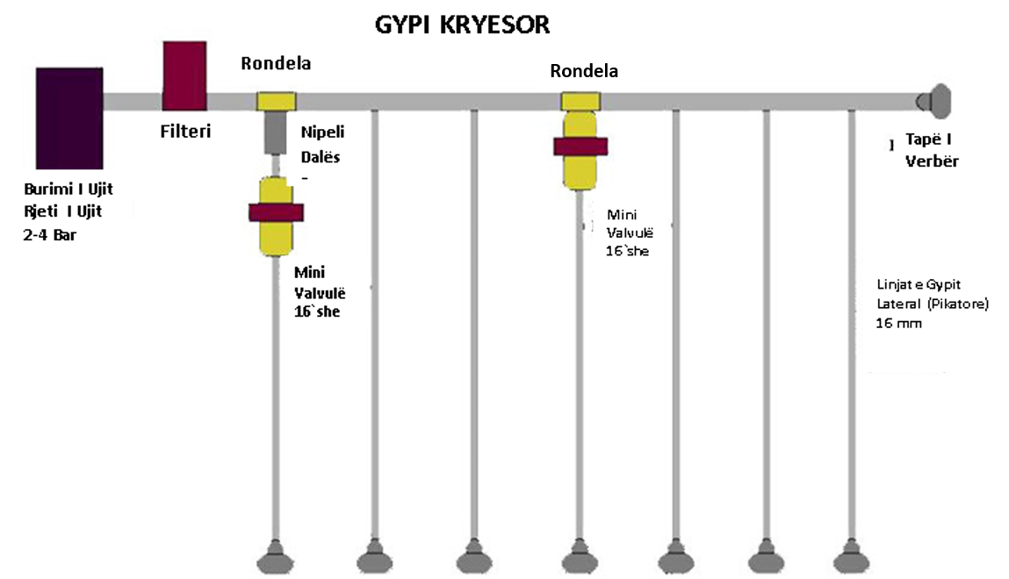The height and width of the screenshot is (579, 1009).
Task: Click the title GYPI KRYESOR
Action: click(462, 25)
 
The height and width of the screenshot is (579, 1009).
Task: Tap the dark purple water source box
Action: click(69, 118)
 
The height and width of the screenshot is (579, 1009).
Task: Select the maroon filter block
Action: click(184, 75)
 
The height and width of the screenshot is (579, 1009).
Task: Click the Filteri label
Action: click(185, 131)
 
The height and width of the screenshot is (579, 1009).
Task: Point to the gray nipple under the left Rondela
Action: click(276, 132)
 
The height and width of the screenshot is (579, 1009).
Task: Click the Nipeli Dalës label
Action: click(322, 145)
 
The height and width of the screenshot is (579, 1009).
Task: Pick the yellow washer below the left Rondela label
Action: click(277, 102)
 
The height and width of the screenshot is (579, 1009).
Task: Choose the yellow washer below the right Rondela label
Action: click(580, 102)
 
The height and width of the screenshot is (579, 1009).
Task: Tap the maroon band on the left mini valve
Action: click(276, 212)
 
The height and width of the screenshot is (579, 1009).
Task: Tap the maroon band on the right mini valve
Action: click(580, 147)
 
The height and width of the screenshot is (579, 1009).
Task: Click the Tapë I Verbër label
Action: click(932, 150)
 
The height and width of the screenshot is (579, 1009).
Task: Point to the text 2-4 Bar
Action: click(49, 235)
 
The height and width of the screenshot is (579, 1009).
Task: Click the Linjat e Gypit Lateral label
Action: click(933, 294)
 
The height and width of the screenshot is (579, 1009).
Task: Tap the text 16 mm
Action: click(898, 323)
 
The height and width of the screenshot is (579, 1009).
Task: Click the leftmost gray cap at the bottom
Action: click(276, 557)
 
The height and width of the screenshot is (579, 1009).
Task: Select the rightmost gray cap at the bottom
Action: click(851, 557)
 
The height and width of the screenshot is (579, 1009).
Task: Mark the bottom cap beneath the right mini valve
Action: click(580, 557)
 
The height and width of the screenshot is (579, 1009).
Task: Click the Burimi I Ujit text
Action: click(68, 189)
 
